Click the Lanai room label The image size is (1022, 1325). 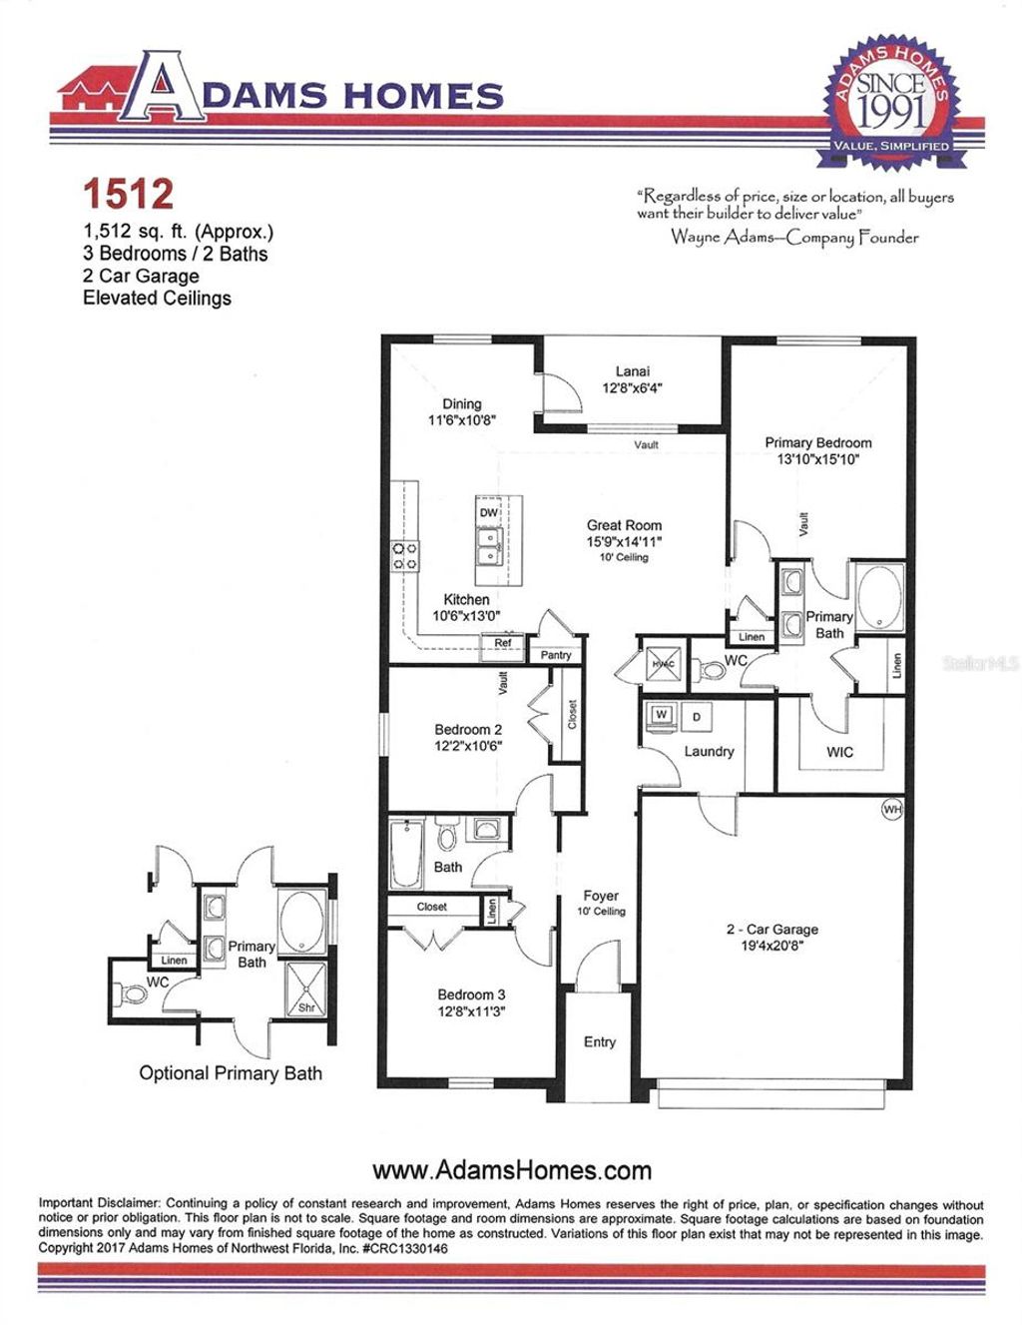pos(632,371)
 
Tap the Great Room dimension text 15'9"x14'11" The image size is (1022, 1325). pos(624,541)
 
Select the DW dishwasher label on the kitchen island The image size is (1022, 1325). pos(488,512)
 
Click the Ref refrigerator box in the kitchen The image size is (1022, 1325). pos(503,643)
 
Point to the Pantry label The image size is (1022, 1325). pos(556,655)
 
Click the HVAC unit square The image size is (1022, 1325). pos(664,664)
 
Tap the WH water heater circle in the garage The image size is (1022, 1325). pos(891,809)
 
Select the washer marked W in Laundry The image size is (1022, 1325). pos(661,715)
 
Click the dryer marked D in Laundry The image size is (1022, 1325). pos(696,717)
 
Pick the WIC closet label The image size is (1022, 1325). pos(839,752)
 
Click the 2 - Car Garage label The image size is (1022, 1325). pos(771,929)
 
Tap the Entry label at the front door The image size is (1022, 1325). pos(599,1041)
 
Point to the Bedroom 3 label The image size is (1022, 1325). pos(471,994)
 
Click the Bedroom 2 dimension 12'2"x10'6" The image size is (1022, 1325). pos(468,745)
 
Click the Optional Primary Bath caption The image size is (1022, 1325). pos(231,1073)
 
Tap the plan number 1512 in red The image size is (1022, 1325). pos(128,194)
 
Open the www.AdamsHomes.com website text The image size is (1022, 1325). pos(511,1170)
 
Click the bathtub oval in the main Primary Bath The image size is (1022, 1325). pos(878,597)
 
